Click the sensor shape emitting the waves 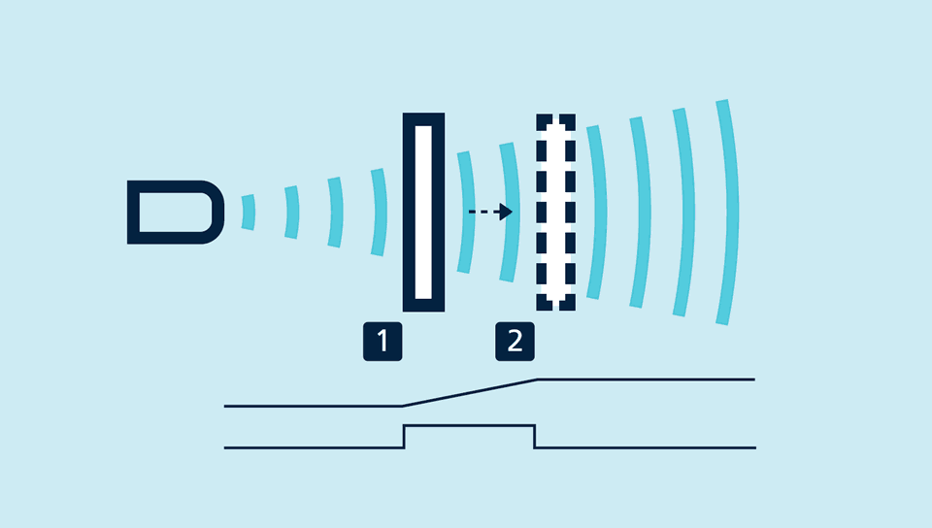pyautogui.click(x=175, y=212)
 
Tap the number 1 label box pyautogui.click(x=383, y=342)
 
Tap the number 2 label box pyautogui.click(x=515, y=342)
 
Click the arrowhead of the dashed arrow pyautogui.click(x=505, y=211)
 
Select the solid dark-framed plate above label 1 pyautogui.click(x=423, y=212)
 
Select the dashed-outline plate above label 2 pyautogui.click(x=555, y=212)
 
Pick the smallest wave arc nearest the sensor pyautogui.click(x=250, y=212)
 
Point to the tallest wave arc pyautogui.click(x=724, y=212)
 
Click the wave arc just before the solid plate pyautogui.click(x=380, y=212)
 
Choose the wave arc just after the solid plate pyautogui.click(x=467, y=212)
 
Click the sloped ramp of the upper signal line pyautogui.click(x=470, y=392)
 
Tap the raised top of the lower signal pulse pyautogui.click(x=469, y=425)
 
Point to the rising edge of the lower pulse pyautogui.click(x=404, y=437)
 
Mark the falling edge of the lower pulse pyautogui.click(x=535, y=437)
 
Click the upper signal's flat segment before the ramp pyautogui.click(x=311, y=406)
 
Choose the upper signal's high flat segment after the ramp pyautogui.click(x=646, y=379)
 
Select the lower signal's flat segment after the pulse pyautogui.click(x=646, y=447)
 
